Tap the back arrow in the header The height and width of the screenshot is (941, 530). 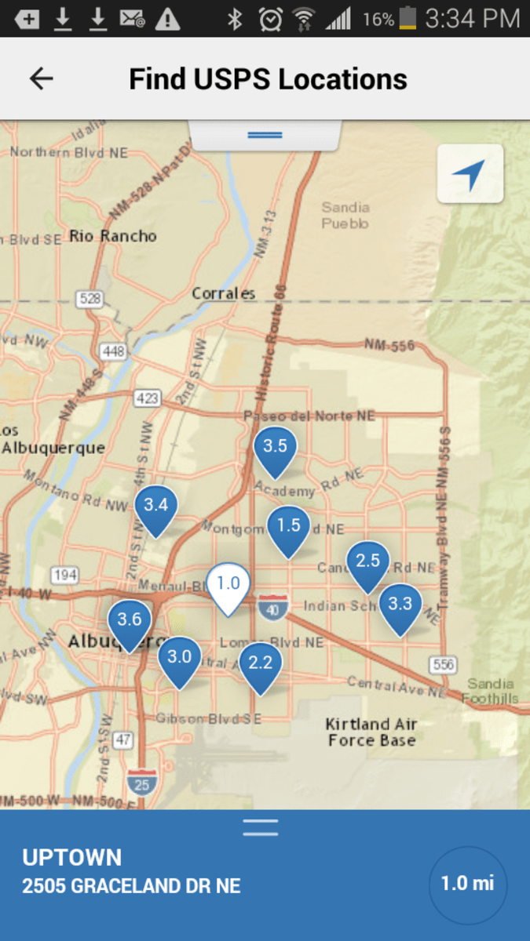tap(41, 78)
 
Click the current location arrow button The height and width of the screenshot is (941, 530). tap(470, 175)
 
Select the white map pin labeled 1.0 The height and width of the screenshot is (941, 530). tap(228, 585)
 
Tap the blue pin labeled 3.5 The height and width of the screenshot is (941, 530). tap(275, 449)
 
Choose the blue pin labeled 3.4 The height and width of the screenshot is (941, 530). tap(155, 507)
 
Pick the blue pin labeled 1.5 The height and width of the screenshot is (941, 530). tap(289, 528)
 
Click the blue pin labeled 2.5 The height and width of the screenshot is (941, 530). tap(367, 563)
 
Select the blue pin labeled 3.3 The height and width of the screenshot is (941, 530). tap(400, 606)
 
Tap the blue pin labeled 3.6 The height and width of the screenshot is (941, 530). tap(130, 622)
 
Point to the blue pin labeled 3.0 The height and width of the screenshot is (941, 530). tap(180, 659)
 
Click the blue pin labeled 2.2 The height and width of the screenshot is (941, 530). tap(260, 665)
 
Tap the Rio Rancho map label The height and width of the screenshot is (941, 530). tap(113, 235)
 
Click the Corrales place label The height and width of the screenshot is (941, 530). tap(224, 293)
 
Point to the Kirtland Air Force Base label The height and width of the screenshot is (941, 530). tap(371, 732)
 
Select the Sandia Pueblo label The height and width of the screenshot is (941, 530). tap(345, 215)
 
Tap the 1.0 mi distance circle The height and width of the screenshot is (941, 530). tap(468, 884)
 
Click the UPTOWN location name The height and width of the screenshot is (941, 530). tap(72, 857)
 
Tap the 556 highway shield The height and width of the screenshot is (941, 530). tap(444, 665)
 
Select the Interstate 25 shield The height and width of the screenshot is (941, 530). tap(141, 780)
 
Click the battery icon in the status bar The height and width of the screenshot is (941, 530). tap(407, 18)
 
